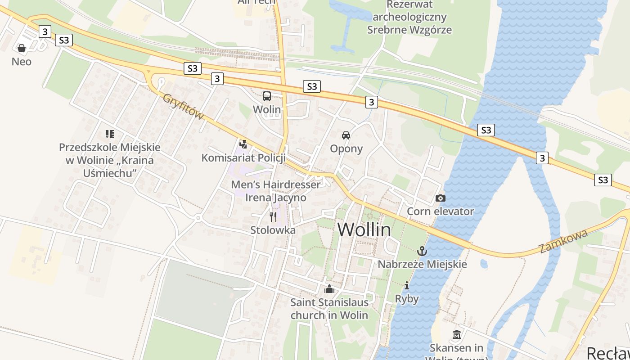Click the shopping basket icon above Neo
pos(21,48)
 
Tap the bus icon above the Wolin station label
pos(267,96)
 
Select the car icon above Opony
pos(346,135)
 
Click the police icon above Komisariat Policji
pos(243,144)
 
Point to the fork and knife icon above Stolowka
pos(273,217)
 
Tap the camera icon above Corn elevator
pos(441,198)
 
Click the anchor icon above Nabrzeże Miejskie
pos(422,251)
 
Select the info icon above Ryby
pos(407,285)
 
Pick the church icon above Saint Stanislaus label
pos(329,288)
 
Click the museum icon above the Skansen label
pos(457,335)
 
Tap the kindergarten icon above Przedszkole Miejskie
pos(109,134)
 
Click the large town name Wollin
pos(364,230)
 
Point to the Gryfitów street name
pos(183,107)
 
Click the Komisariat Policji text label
pos(243,158)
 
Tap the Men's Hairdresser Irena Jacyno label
pos(276,191)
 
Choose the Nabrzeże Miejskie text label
pos(422,264)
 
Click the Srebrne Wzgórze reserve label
pos(409,18)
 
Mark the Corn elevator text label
pos(441,211)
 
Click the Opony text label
pos(346,148)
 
